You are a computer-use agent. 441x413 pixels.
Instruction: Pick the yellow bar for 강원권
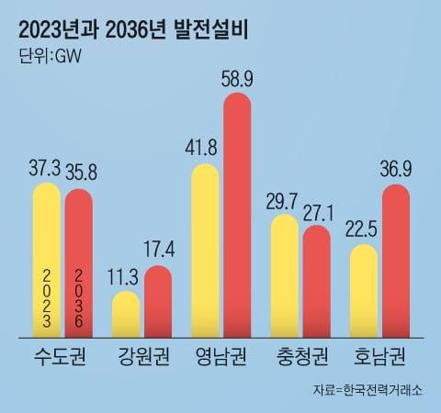tap(126, 315)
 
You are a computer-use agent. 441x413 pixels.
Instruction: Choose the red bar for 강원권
tap(157, 302)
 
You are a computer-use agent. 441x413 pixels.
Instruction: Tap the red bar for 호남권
tap(395, 261)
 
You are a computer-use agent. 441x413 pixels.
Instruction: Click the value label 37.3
tap(46, 167)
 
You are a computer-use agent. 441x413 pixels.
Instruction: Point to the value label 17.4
tap(158, 250)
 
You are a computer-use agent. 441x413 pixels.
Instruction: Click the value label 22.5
tap(364, 229)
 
